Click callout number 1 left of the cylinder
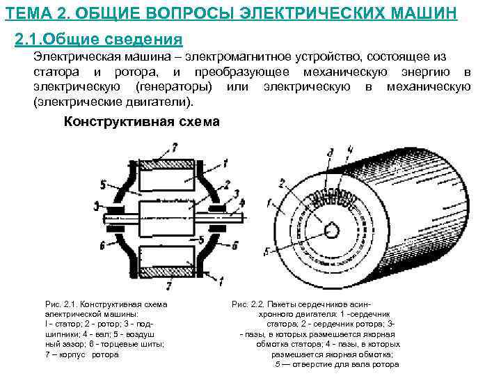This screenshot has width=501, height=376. coord(268,203)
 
